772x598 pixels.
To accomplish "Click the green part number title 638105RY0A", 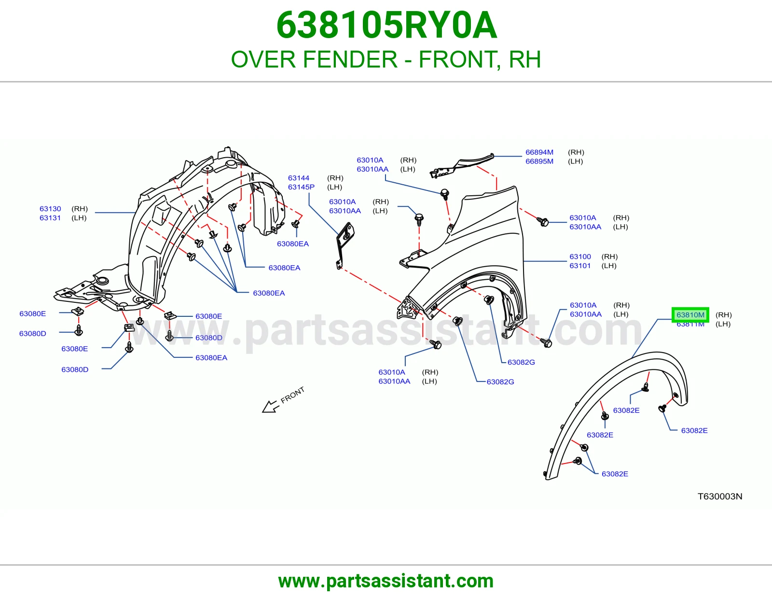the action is pyautogui.click(x=386, y=25).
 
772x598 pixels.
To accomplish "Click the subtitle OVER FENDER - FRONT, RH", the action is pyautogui.click(x=386, y=59).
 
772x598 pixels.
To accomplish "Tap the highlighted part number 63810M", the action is pyautogui.click(x=690, y=314).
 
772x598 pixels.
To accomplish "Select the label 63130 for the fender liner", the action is pyautogui.click(x=50, y=209).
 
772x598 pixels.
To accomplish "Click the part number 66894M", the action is pyautogui.click(x=539, y=152).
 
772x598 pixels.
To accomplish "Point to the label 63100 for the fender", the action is pyautogui.click(x=580, y=257).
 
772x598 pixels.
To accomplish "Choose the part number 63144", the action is pyautogui.click(x=298, y=178).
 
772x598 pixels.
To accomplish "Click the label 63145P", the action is pyautogui.click(x=301, y=187).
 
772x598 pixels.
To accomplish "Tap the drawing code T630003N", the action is pyautogui.click(x=720, y=496).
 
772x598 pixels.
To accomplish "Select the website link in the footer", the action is pyautogui.click(x=386, y=581).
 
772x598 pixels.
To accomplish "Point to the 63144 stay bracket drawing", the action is pyautogui.click(x=345, y=245).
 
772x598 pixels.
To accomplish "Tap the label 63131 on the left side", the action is pyautogui.click(x=50, y=218).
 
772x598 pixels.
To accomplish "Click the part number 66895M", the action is pyautogui.click(x=539, y=162).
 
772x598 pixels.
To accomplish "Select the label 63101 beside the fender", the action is pyautogui.click(x=580, y=266).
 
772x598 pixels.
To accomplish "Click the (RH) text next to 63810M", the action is pyautogui.click(x=723, y=315).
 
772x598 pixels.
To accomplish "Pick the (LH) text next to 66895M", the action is pyautogui.click(x=576, y=162).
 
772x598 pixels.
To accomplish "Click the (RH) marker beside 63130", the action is pyautogui.click(x=80, y=209).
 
